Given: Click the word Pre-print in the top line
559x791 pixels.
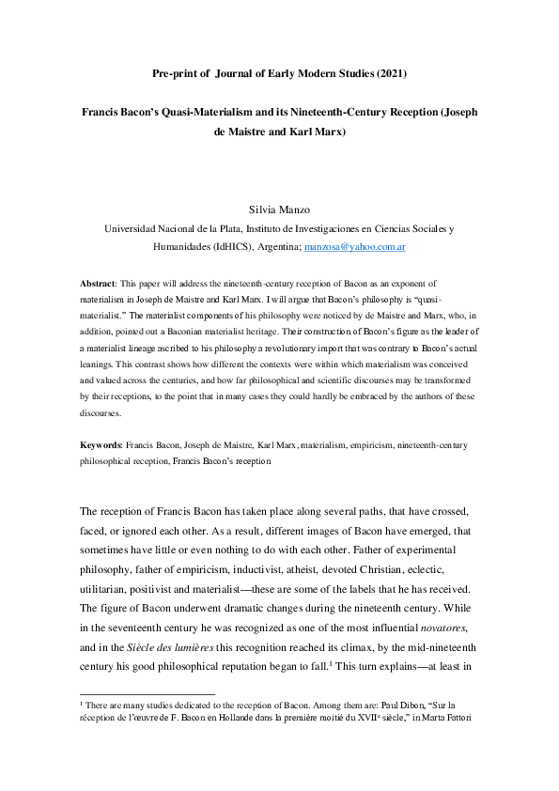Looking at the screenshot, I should [174, 72].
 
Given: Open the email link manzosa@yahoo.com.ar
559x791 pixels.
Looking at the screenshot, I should [353, 247].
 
